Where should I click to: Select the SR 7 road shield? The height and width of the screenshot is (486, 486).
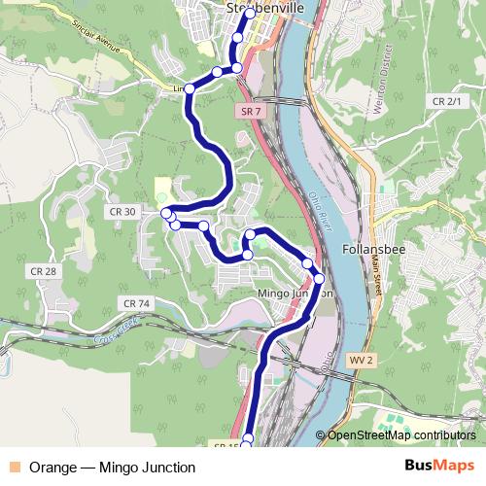[x=249, y=112]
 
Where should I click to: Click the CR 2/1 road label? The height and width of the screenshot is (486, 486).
[x=448, y=101]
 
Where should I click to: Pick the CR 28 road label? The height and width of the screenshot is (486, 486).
[x=43, y=271]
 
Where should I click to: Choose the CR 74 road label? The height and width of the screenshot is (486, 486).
[x=137, y=304]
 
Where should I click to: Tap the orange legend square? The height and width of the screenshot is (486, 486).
[x=14, y=468]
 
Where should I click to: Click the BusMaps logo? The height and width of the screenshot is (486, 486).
[x=439, y=467]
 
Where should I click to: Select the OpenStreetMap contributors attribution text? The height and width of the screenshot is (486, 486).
[x=400, y=435]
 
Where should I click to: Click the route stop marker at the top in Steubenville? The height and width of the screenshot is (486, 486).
[x=249, y=14]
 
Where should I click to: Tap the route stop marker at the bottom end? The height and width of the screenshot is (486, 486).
[x=246, y=440]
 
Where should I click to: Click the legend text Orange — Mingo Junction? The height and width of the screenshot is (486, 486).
[x=112, y=468]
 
